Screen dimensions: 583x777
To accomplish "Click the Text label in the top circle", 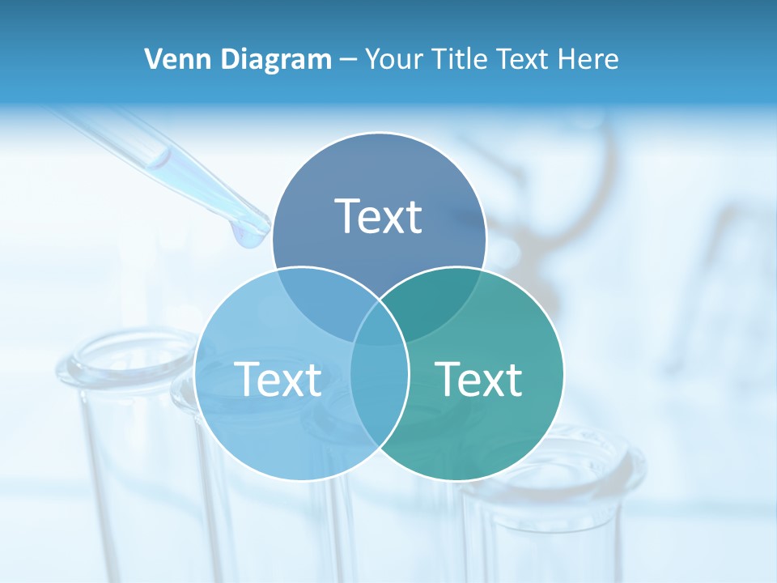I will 379,216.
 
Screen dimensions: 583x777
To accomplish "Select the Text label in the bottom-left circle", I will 278,378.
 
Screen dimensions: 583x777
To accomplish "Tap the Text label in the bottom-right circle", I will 478,378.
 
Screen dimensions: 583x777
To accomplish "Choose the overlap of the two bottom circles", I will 380,381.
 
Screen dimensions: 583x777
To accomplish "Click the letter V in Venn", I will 152,59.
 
